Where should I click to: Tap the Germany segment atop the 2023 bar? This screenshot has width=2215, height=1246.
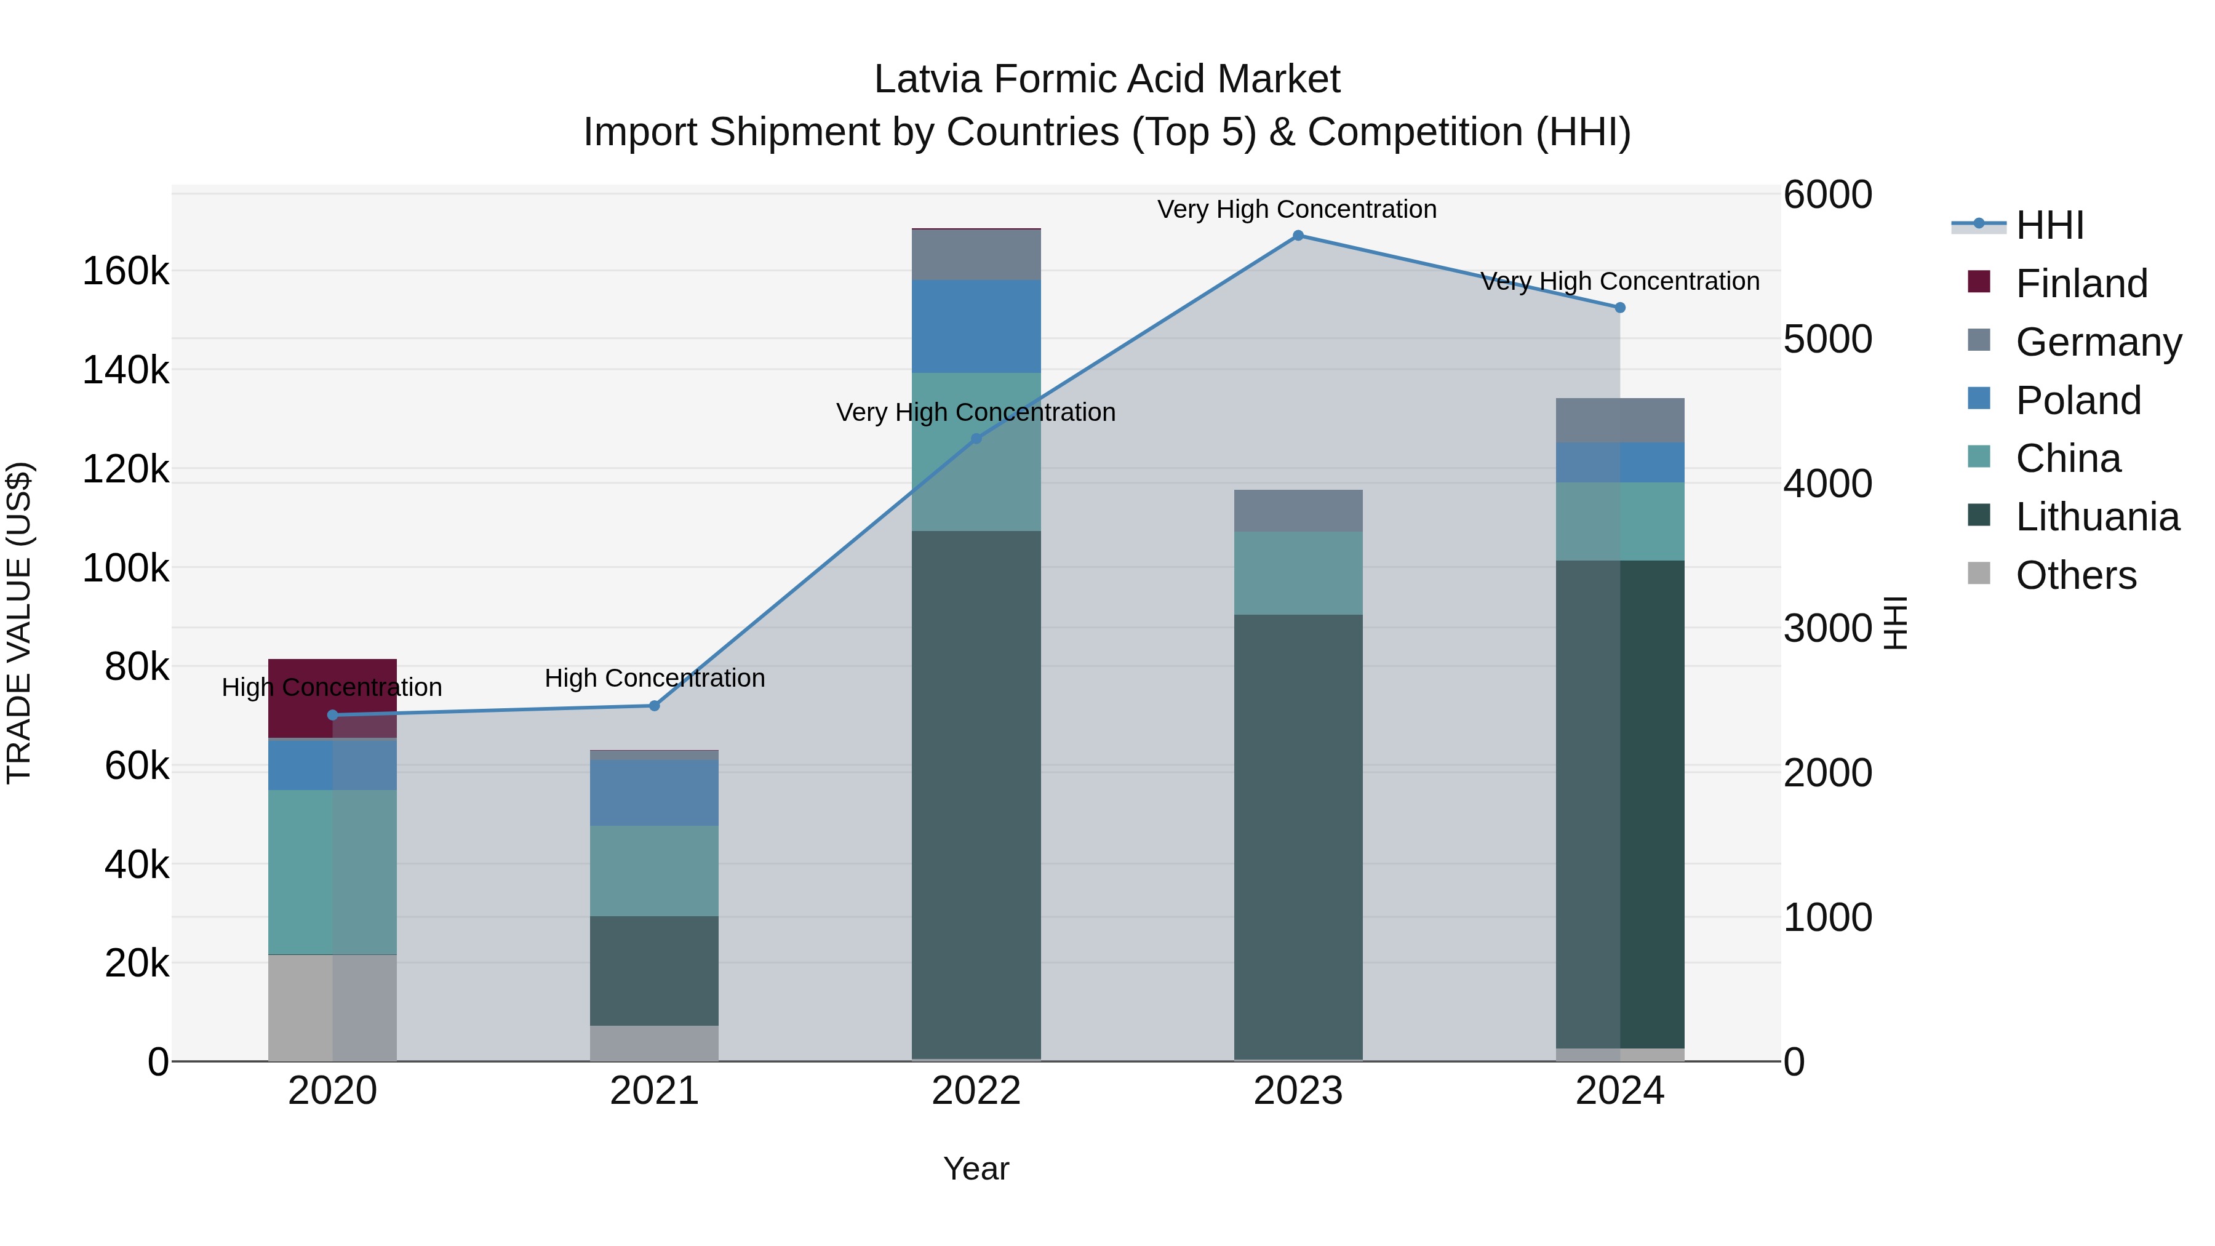click(1298, 511)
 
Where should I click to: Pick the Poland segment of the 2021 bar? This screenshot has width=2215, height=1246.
click(653, 793)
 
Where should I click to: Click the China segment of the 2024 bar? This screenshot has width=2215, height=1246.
click(1620, 521)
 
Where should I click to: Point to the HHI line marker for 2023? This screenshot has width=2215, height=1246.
click(1298, 236)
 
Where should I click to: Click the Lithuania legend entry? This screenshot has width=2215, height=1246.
click(2096, 517)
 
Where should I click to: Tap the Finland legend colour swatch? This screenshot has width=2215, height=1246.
click(1979, 282)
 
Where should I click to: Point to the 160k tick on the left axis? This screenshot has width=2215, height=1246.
click(126, 272)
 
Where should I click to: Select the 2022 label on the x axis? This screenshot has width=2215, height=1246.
click(976, 1091)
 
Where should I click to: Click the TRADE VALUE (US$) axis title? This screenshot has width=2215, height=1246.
click(19, 623)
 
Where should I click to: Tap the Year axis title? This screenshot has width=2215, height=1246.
click(976, 1168)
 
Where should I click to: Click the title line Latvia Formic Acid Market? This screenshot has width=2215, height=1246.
click(1107, 79)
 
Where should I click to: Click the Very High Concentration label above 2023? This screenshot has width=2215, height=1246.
click(1296, 209)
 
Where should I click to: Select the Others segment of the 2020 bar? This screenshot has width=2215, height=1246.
click(332, 1008)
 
